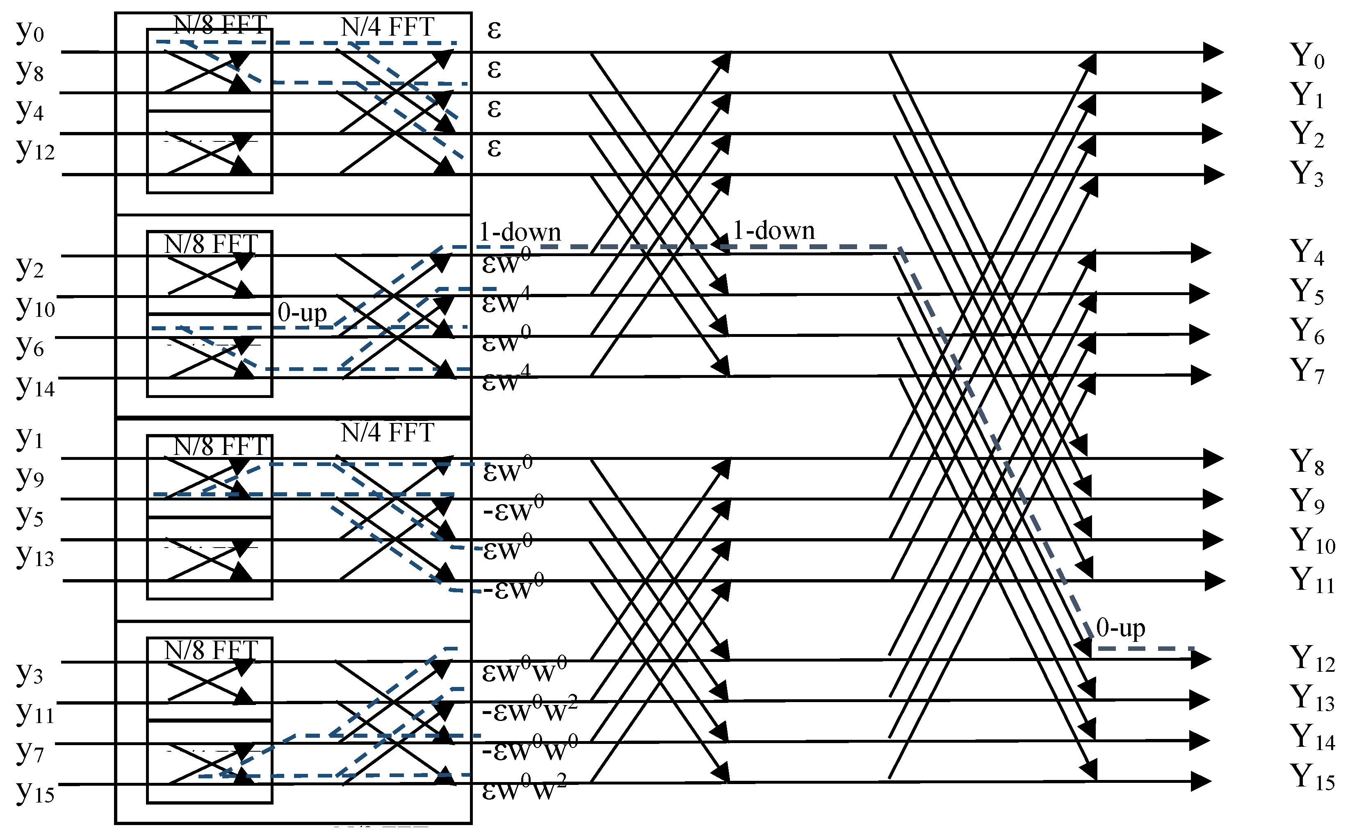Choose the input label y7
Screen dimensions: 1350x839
(30, 751)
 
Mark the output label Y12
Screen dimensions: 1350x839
(1312, 659)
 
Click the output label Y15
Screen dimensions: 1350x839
(1312, 778)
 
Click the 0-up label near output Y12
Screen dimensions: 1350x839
(1120, 629)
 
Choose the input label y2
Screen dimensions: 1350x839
(30, 268)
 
